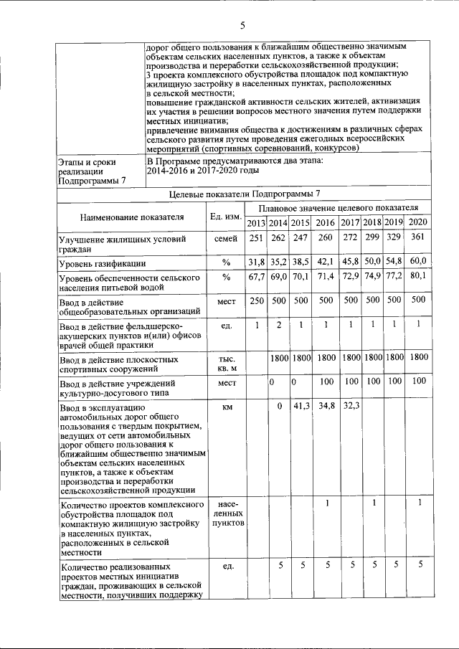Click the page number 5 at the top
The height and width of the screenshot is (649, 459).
242,27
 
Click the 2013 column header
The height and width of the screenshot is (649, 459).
256,223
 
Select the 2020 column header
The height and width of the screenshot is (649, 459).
418,222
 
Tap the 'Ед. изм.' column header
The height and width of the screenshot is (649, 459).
224,216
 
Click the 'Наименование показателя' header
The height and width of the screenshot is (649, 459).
132,216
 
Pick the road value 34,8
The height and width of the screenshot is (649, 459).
326,407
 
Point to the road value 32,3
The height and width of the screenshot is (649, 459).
350,407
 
